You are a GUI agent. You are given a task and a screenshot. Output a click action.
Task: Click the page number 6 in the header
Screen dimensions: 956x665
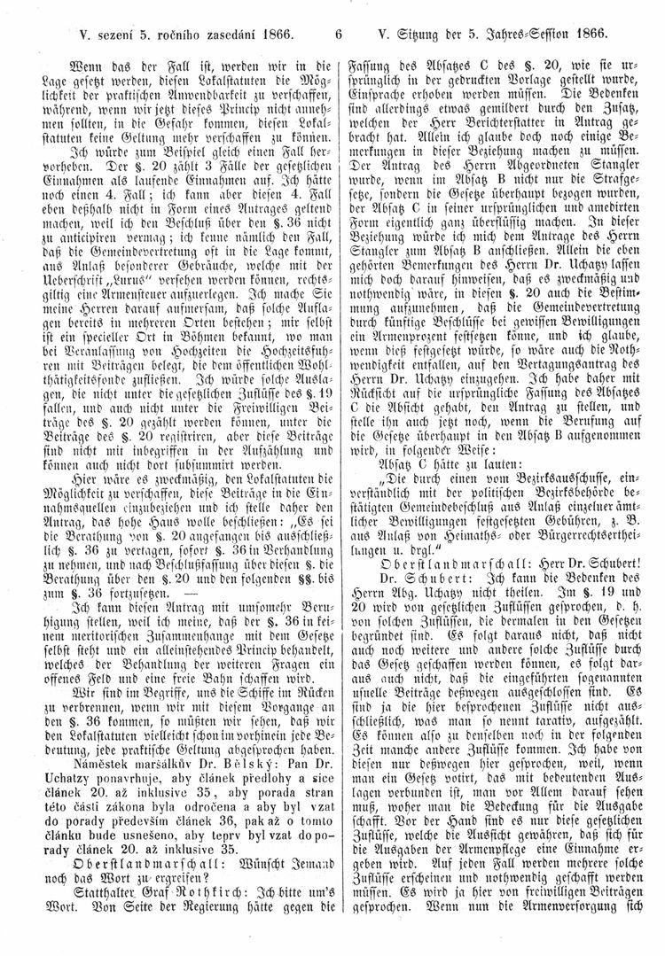coord(339,35)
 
